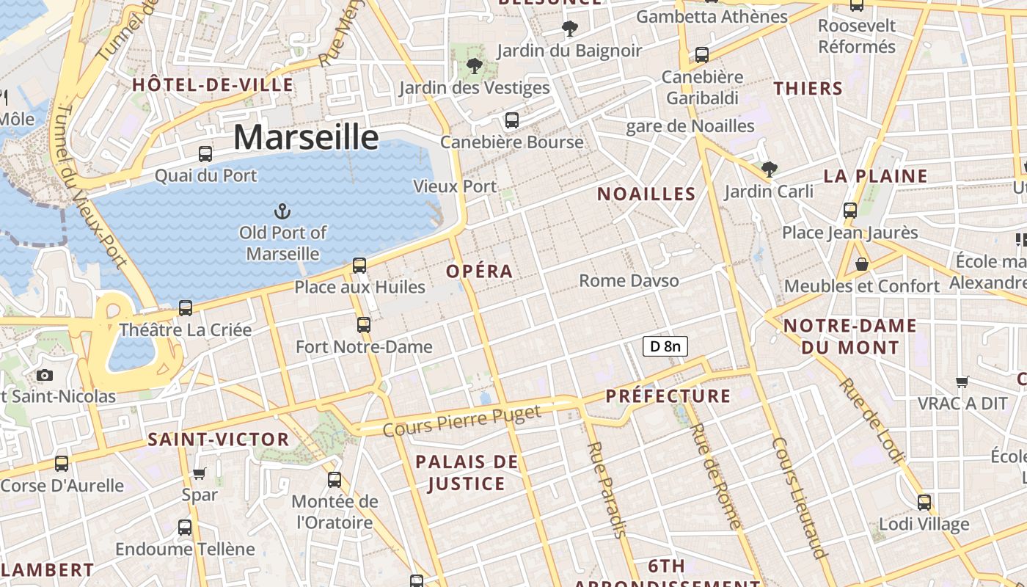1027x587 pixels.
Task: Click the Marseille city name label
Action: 306,138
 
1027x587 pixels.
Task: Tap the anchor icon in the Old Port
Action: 282,212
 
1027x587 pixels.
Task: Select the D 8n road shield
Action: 665,346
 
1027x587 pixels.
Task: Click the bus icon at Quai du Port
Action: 205,154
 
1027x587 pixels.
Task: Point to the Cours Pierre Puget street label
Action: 462,420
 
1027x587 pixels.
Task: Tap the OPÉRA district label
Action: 480,271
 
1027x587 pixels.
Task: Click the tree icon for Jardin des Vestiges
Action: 475,66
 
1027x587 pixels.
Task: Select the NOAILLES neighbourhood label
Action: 646,194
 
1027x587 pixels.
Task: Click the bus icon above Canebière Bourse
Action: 512,120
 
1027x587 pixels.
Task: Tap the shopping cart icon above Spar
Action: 200,473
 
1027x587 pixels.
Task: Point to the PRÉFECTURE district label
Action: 668,396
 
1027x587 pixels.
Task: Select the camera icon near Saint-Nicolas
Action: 45,376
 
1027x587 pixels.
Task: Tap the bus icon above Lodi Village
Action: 924,503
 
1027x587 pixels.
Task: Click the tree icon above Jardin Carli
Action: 769,169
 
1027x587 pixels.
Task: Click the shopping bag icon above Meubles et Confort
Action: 862,264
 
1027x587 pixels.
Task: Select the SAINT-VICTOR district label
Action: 219,440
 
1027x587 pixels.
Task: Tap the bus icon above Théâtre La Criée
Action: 186,308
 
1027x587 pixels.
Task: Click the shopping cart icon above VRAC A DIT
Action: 962,382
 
